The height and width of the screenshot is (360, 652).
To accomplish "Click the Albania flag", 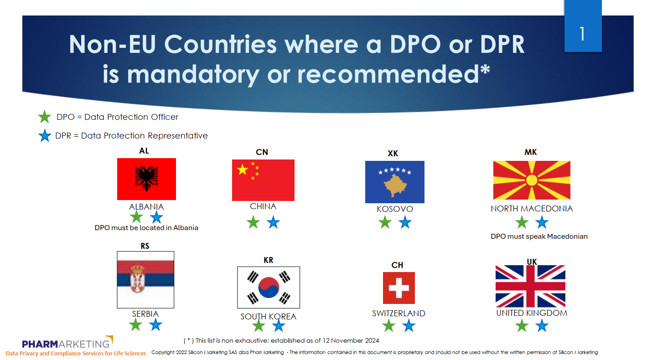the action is coord(146,179).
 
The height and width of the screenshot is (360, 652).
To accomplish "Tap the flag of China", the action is coord(263,180).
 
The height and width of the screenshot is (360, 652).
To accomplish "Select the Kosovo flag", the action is coord(395,182).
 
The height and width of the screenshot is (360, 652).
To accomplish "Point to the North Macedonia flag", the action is coord(532,180).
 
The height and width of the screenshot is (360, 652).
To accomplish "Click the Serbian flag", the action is coord(145,280).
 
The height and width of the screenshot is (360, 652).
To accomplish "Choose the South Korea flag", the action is coord(269,287).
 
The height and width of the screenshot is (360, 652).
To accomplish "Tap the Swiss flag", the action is coord(399,288).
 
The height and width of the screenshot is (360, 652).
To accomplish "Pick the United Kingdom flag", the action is coord(530,286).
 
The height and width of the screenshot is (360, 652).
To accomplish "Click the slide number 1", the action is coord(582,34).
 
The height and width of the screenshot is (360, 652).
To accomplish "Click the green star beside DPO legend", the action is coord(45,117).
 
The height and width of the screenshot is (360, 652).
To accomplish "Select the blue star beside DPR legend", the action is coord(45,136).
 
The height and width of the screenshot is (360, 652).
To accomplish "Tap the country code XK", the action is coord(393,154).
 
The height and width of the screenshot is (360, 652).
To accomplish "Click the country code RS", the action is coord(145,246).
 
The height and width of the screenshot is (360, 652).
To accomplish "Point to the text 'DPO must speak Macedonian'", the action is coord(539,237).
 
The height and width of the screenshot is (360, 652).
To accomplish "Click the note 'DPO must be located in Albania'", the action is coord(146,227).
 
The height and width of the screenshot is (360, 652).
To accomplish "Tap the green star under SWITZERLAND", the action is coord(388,325).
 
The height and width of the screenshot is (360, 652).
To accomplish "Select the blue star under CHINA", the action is coord(273,222).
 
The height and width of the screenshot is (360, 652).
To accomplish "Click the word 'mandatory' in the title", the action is coord(193,74).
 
